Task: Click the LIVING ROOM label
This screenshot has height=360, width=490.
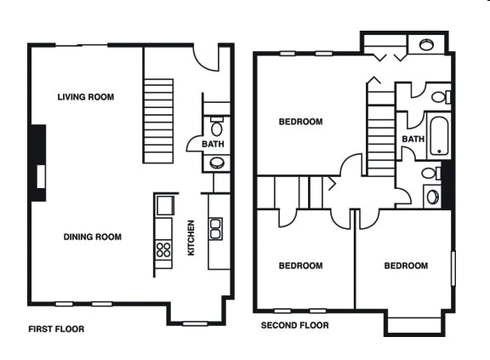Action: tap(86, 97)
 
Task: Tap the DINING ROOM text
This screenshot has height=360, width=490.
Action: tap(93, 237)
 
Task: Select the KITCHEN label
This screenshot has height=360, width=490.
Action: tap(191, 237)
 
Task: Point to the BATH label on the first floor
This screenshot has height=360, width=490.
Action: tap(213, 144)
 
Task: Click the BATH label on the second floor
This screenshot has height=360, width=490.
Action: tap(413, 139)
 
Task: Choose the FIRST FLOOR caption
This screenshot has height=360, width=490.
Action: tap(56, 329)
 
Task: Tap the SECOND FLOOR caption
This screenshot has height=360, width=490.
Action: tap(294, 325)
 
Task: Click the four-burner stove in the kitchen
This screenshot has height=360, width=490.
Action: tap(163, 249)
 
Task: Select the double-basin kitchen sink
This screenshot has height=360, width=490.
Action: tap(215, 229)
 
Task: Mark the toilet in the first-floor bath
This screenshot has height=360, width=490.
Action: tap(217, 126)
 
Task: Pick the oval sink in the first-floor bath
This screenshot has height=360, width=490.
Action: tap(216, 163)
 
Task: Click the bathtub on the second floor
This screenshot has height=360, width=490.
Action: tap(439, 136)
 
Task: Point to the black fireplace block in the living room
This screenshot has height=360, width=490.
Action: tap(38, 163)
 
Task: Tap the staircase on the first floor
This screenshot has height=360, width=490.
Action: tap(158, 121)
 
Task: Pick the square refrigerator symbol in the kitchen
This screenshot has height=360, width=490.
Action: tap(165, 205)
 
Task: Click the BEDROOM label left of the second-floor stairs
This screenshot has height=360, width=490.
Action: tap(300, 121)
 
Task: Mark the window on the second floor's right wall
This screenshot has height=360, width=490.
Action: tap(453, 268)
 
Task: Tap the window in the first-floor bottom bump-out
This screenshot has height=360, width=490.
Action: tap(195, 323)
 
